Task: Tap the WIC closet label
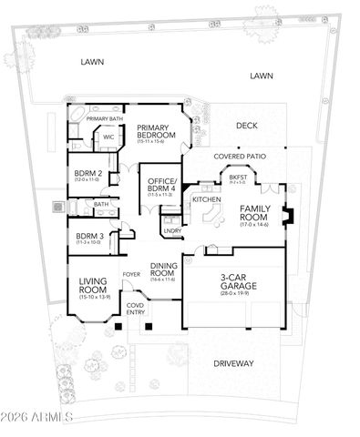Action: click(x=108, y=137)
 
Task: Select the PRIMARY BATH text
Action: click(x=105, y=118)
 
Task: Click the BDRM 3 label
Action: click(x=88, y=239)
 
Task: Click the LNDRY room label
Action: click(x=172, y=231)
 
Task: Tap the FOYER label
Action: click(x=131, y=270)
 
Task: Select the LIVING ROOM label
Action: click(x=95, y=287)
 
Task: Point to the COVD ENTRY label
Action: click(x=135, y=310)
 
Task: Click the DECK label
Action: click(x=247, y=126)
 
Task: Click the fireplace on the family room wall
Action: click(x=289, y=218)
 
